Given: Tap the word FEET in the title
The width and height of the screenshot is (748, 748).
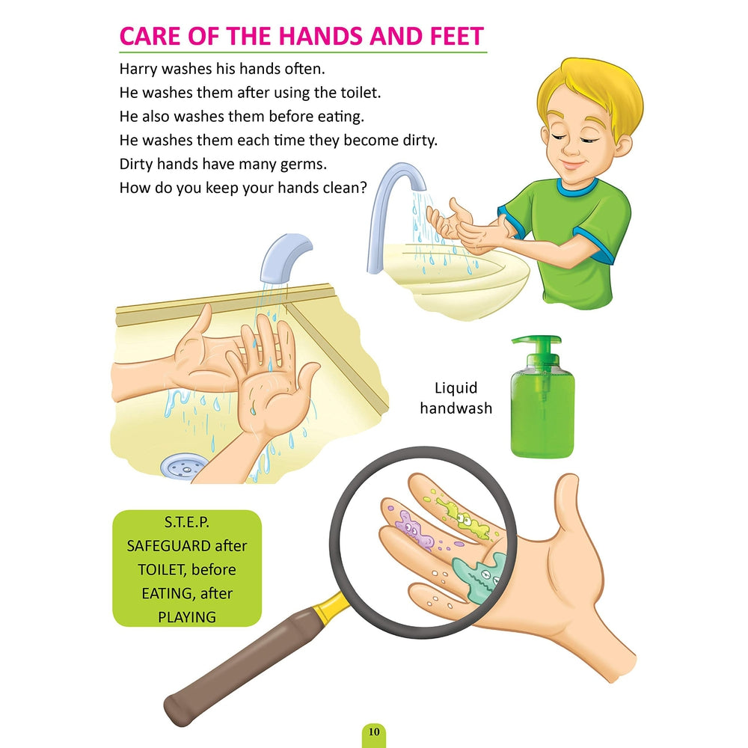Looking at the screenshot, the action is [456, 36].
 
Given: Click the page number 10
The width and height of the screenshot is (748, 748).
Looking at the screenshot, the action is [374, 732].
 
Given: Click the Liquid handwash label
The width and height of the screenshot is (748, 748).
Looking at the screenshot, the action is [456, 398].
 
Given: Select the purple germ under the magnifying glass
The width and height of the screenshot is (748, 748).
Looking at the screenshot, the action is [414, 530].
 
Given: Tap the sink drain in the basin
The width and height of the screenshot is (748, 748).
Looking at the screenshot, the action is [183, 465].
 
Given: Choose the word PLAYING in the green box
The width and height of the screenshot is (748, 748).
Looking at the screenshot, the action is [187, 617].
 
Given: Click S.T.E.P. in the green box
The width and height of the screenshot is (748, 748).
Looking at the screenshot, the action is [187, 522].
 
